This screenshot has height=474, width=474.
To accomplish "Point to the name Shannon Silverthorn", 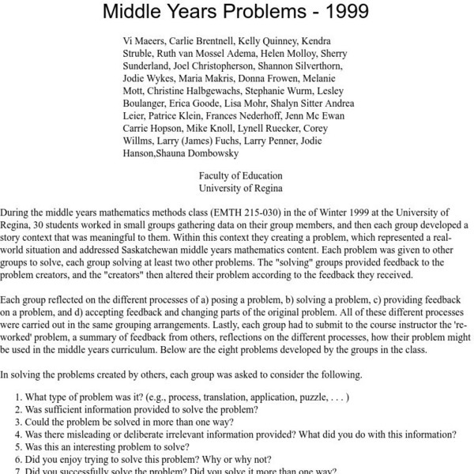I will (314, 66).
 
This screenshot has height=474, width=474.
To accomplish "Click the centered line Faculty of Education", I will (240, 176).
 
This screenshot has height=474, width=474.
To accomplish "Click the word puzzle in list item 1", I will (307, 397).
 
